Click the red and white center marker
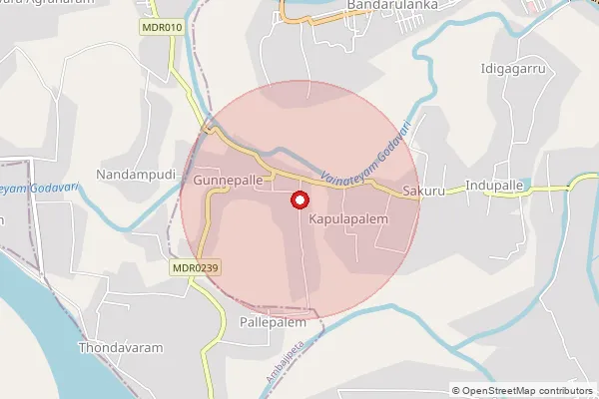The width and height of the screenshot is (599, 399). pos(298,199)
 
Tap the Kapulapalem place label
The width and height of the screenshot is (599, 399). pos(347,216)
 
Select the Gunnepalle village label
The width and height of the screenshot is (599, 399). pos(229,180)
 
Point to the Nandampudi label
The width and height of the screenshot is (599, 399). pos(136,175)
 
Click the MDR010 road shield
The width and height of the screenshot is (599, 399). pos(161,27)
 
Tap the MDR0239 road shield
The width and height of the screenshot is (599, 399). pos(195,266)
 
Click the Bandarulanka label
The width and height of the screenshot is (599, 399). pos(386,6)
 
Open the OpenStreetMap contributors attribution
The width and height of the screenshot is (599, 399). pos(522,390)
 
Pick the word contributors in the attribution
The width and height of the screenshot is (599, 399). pos(561,390)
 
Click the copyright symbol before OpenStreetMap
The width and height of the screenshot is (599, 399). pos(456,390)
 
